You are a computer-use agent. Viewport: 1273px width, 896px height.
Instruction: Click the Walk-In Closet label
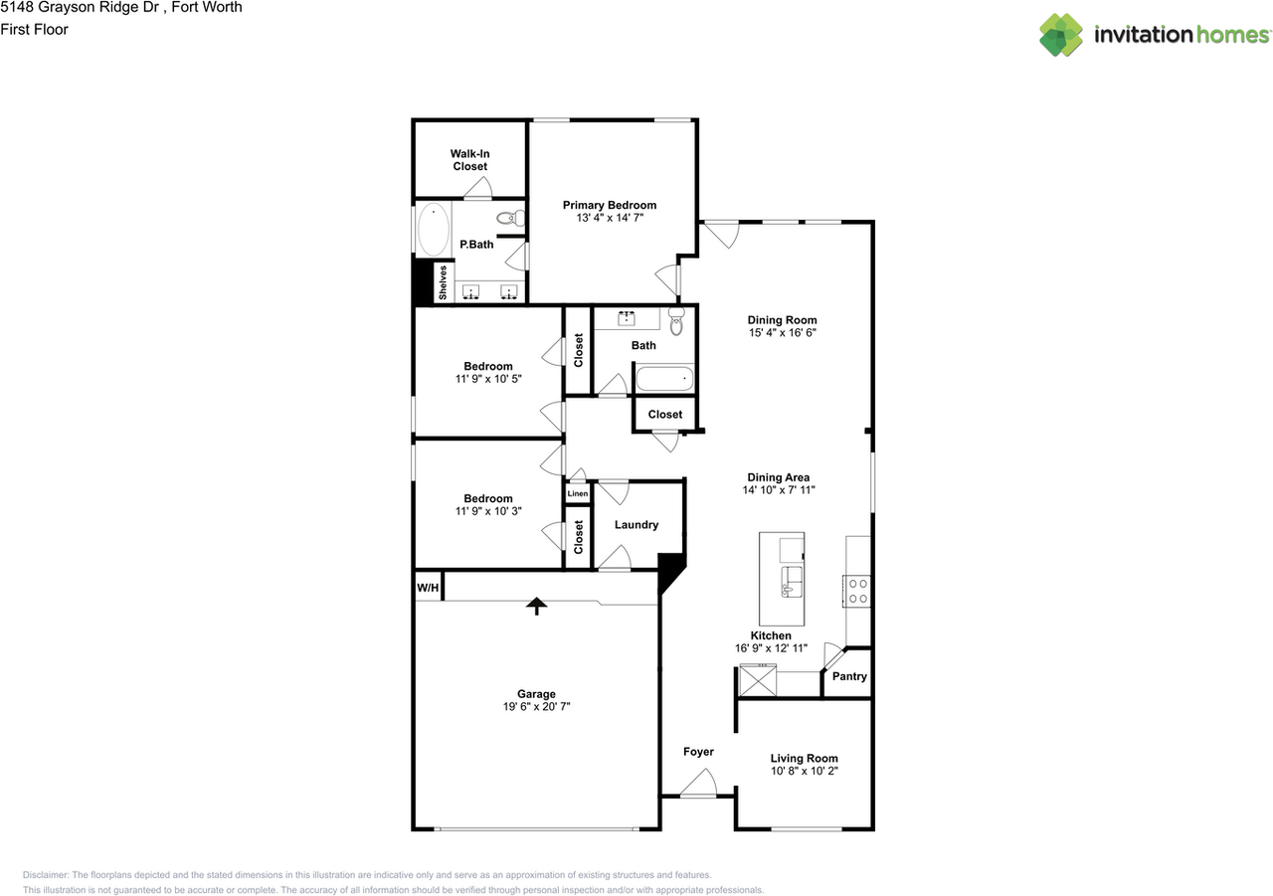[x=470, y=160]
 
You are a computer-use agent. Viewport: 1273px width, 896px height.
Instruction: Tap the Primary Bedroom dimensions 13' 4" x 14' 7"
[x=610, y=218]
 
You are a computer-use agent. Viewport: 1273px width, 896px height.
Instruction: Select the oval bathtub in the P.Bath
[x=434, y=229]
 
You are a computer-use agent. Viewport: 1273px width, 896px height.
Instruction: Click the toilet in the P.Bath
[x=511, y=218]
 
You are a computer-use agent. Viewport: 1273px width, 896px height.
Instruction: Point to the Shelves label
[x=443, y=282]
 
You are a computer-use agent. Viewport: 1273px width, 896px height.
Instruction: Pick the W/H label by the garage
[x=428, y=588]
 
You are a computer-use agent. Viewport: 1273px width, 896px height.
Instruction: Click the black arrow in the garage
[x=536, y=606]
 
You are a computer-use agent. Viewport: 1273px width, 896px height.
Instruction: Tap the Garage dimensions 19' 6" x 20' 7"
[x=536, y=706]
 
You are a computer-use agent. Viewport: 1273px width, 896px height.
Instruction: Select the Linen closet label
[x=578, y=493]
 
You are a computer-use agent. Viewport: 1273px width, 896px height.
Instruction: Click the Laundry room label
[x=636, y=524]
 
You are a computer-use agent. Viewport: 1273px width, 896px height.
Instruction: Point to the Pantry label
[x=849, y=676]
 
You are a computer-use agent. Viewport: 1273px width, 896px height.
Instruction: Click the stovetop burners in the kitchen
[x=857, y=591]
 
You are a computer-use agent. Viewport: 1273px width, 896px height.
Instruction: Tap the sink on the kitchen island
[x=792, y=581]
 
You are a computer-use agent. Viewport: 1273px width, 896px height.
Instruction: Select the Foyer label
[x=698, y=752]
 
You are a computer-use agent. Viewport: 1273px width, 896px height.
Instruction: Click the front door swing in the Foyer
[x=699, y=783]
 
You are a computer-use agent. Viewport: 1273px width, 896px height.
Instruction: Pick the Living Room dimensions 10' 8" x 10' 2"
[x=805, y=771]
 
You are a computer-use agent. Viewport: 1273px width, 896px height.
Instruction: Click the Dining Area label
[x=778, y=477]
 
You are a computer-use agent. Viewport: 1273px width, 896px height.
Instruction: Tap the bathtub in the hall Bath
[x=664, y=379]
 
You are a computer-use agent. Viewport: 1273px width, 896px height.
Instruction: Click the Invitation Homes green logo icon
[x=1061, y=35]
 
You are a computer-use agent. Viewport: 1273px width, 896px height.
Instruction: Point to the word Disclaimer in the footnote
[x=46, y=875]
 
